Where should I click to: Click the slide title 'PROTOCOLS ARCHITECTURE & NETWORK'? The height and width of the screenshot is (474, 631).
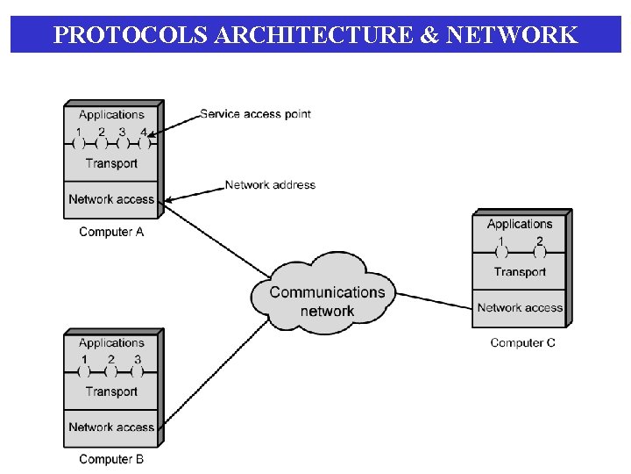[315, 35]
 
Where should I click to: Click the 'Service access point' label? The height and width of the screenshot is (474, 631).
[255, 113]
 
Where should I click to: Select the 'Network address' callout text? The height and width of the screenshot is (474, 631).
[270, 185]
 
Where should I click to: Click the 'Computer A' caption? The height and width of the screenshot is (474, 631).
[111, 232]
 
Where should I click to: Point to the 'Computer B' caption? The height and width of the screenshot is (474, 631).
[111, 459]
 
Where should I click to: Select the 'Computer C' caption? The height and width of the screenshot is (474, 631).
[522, 342]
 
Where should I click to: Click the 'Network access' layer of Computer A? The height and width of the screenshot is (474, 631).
[111, 199]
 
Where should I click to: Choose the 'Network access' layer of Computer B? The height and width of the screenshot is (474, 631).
[111, 427]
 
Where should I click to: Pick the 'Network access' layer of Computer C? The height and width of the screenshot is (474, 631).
[520, 308]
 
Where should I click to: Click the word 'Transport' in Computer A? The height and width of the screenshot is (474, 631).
[111, 163]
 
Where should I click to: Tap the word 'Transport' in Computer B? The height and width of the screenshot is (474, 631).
[111, 391]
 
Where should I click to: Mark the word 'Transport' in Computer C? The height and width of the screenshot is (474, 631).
[520, 272]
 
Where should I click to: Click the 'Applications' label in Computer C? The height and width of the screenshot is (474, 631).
[520, 224]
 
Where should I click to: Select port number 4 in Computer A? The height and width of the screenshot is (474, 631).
[144, 133]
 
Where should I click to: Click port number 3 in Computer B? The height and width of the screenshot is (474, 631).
[138, 360]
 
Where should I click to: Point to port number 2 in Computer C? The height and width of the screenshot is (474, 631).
[540, 241]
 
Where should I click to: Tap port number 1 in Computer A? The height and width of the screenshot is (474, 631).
[79, 133]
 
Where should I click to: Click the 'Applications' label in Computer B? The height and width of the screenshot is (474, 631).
[111, 343]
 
